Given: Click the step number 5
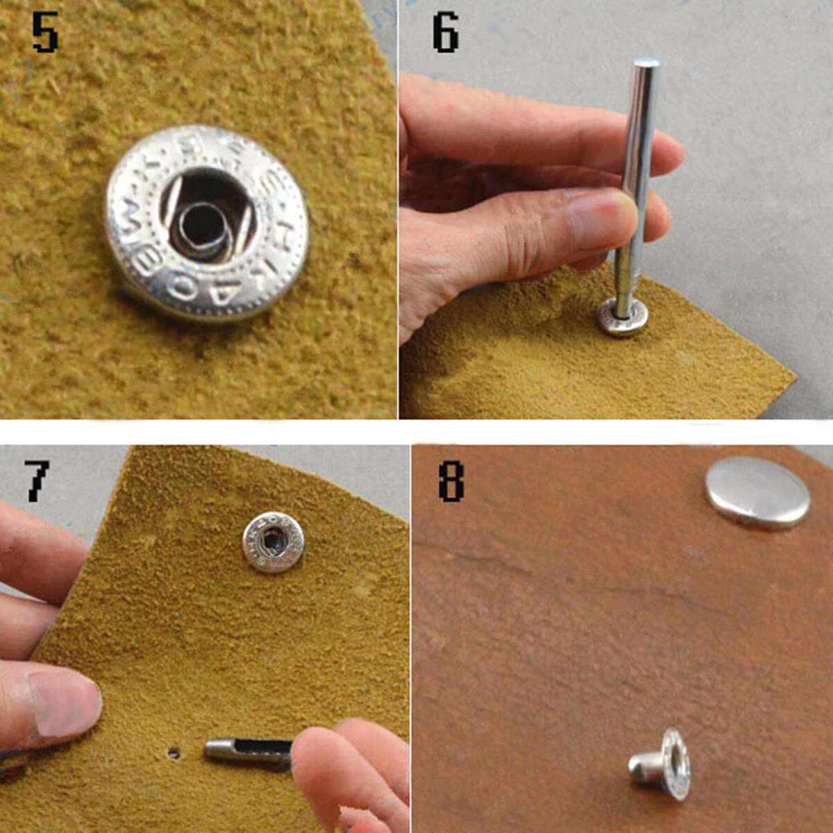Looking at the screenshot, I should click(45, 34).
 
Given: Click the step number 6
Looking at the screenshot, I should click(445, 33).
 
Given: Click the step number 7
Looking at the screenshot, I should click(36, 480).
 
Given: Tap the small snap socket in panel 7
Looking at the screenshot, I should click(273, 541).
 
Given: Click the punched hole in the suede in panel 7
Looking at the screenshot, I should click(174, 752).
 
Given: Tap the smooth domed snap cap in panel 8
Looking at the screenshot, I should click(757, 493).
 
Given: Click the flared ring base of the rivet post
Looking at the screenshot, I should click(675, 764).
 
